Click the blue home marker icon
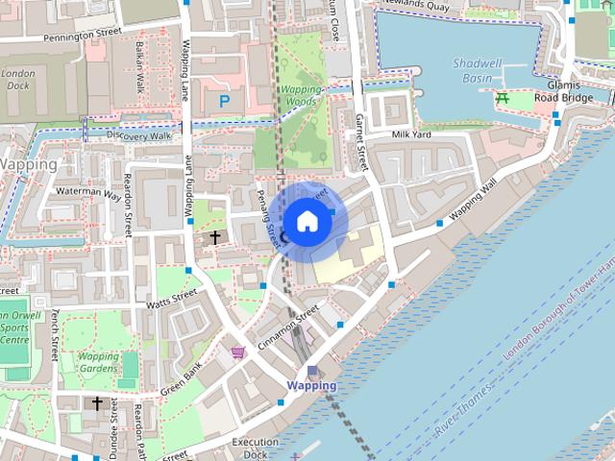(x=307, y=221)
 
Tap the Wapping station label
(x=311, y=385)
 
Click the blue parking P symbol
(x=225, y=100)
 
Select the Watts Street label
(x=171, y=299)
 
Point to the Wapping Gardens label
(x=98, y=362)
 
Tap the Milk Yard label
(x=410, y=135)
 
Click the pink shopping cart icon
(x=237, y=352)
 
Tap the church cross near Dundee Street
(x=96, y=403)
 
